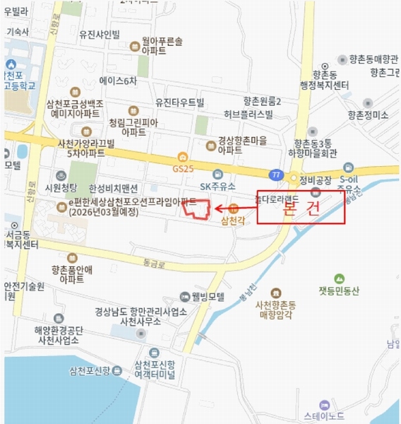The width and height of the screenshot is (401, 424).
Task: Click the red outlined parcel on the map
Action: click(197, 209)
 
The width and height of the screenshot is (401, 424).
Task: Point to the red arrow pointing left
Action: click(233, 208)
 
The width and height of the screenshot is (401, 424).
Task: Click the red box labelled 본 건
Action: click(300, 208)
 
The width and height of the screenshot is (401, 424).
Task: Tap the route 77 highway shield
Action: click(274, 174)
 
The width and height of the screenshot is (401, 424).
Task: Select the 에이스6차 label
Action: click(118, 81)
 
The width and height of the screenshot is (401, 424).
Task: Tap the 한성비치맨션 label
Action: click(114, 189)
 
